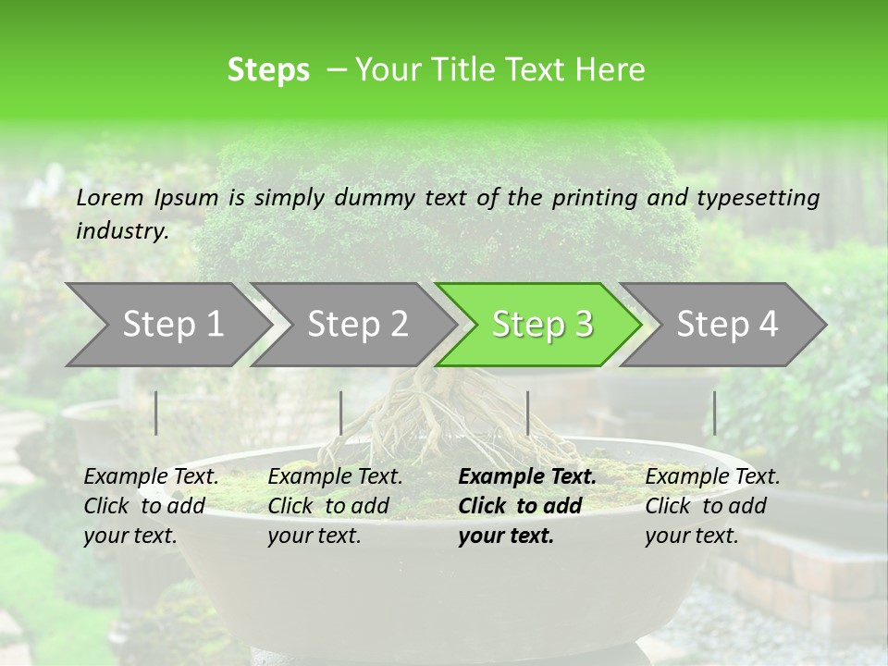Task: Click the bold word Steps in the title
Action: pyautogui.click(x=268, y=70)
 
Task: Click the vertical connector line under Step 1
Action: pyautogui.click(x=156, y=413)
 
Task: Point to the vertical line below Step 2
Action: pyautogui.click(x=341, y=413)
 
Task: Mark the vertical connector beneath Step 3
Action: pyautogui.click(x=527, y=413)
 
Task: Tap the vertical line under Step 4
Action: pyautogui.click(x=714, y=413)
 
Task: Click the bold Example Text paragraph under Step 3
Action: pyautogui.click(x=526, y=506)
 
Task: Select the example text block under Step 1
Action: pyautogui.click(x=151, y=506)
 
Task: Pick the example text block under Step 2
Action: pyautogui.click(x=335, y=506)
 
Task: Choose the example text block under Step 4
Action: pyautogui.click(x=712, y=506)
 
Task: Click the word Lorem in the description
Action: pyautogui.click(x=110, y=197)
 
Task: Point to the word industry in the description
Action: pyautogui.click(x=121, y=231)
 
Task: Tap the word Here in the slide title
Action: pyautogui.click(x=613, y=70)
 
